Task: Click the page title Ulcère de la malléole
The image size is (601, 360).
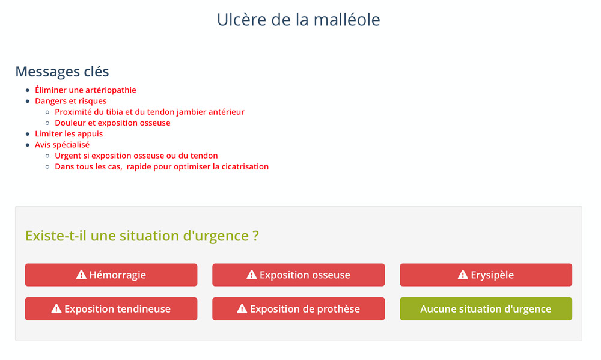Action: point(298,20)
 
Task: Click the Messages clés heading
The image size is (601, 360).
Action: point(62,72)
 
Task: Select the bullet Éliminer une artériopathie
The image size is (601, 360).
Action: point(85,90)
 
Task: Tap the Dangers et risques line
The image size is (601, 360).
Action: point(70,101)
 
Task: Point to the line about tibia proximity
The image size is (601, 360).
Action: point(150,112)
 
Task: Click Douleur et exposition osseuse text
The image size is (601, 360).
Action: point(113,123)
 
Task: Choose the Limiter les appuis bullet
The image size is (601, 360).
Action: point(69,134)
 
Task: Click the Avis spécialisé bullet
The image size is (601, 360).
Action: point(62,144)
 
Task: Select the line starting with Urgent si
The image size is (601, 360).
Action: point(136,156)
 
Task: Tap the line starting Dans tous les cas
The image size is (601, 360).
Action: point(162,166)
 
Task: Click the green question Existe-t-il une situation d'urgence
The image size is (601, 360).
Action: point(142,236)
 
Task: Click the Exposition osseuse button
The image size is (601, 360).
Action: point(299,275)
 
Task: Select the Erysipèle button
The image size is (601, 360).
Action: point(486,275)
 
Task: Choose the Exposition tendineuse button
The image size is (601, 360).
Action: point(111,309)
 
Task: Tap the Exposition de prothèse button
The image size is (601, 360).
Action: point(299,309)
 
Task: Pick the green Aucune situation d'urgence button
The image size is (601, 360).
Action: point(486,309)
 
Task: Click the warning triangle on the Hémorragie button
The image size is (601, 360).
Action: point(81,275)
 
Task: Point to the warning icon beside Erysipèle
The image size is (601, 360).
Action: point(463,275)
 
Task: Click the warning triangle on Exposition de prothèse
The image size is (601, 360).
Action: point(242,308)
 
